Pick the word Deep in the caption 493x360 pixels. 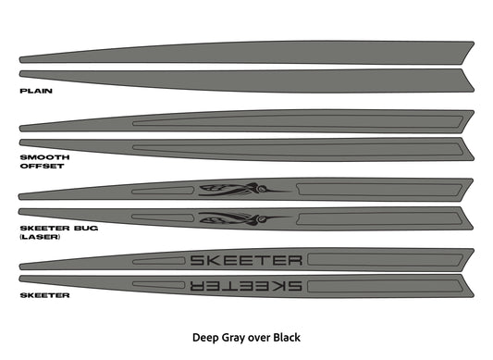203,337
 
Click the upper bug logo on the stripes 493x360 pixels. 240,190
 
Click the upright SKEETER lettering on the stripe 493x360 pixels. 245,259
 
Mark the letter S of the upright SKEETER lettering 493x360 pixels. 198,259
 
